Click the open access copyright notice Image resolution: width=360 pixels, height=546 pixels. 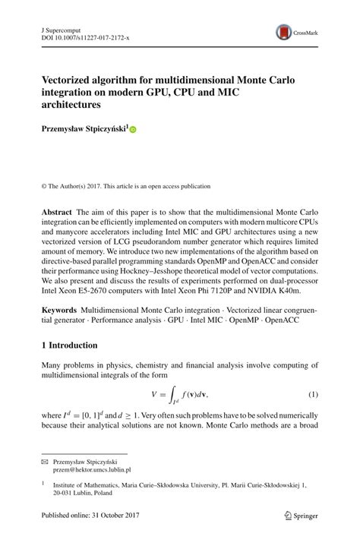tap(125, 186)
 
